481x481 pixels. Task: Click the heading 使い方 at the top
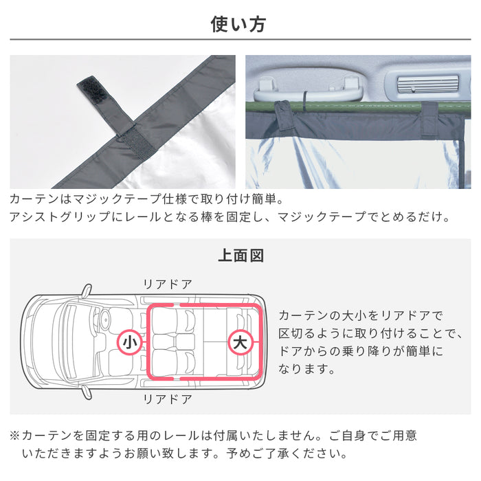pyautogui.click(x=238, y=25)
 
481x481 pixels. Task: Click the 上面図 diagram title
pyautogui.click(x=240, y=256)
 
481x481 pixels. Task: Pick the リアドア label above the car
pyautogui.click(x=167, y=284)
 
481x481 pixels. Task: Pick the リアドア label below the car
pyautogui.click(x=167, y=399)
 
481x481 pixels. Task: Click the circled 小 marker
pyautogui.click(x=128, y=342)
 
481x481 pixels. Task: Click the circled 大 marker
pyautogui.click(x=240, y=342)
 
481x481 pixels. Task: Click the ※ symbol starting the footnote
pyautogui.click(x=15, y=436)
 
